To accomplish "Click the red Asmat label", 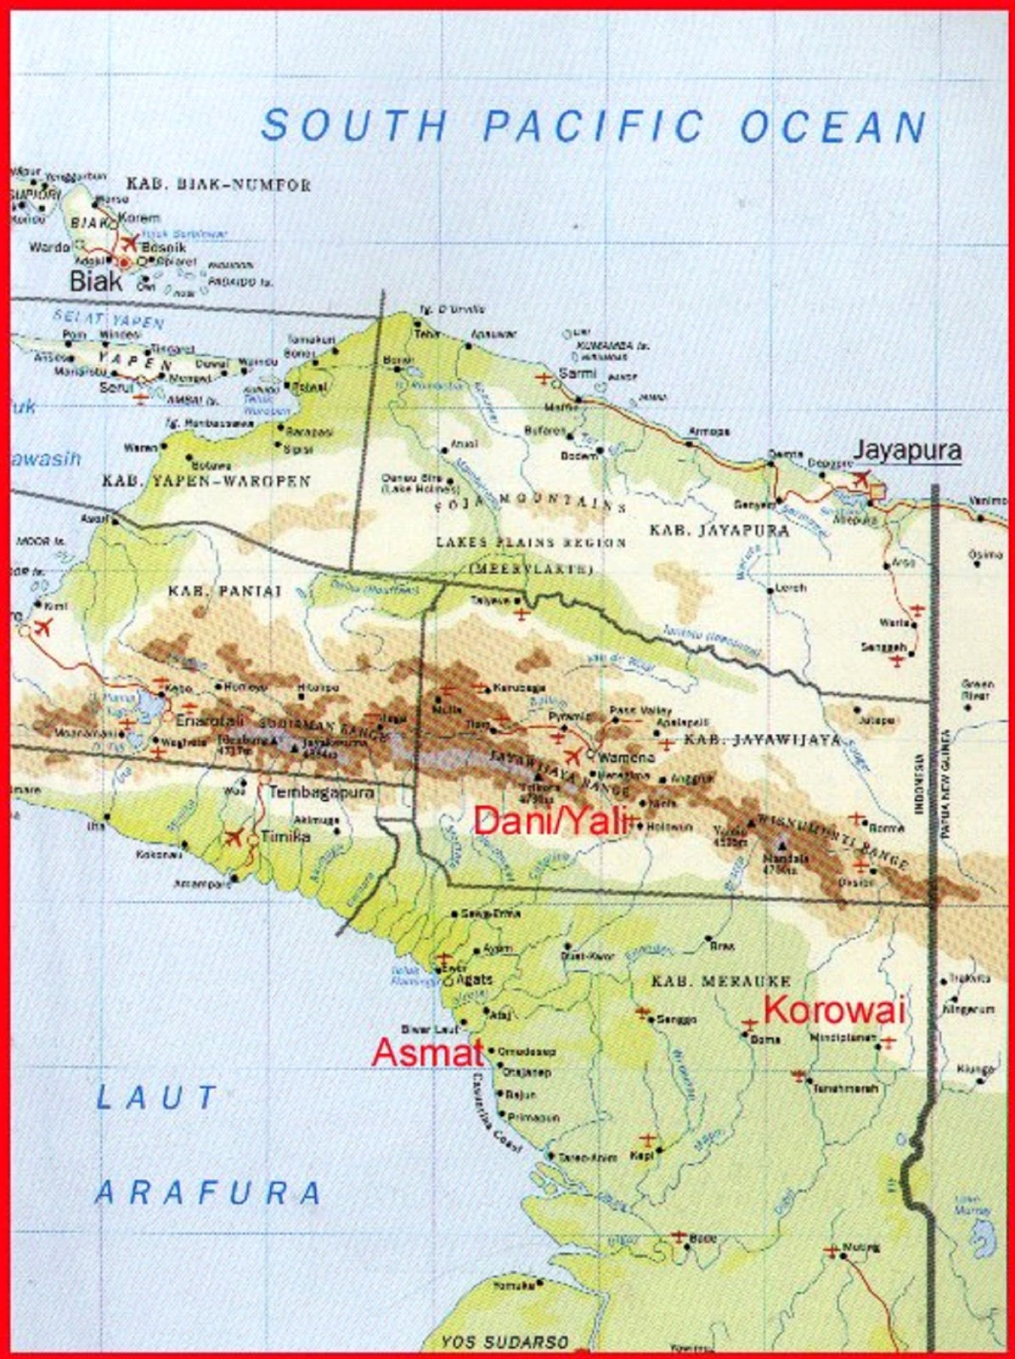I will (427, 1052).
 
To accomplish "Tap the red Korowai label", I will (832, 1011).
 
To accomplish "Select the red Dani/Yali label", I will (552, 821).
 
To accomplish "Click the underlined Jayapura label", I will (907, 450).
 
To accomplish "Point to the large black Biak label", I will (95, 281).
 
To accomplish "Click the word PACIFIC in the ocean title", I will (593, 127).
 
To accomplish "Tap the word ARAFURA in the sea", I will (208, 1193).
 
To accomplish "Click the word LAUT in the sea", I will (157, 1097).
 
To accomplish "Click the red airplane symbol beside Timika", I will (233, 837).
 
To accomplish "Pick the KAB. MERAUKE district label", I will (720, 981).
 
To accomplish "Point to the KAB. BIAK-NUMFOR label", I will (218, 184).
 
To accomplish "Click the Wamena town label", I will (627, 757).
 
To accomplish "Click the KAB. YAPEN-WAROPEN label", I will (206, 482).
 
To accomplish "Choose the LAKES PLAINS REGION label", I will (530, 542).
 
